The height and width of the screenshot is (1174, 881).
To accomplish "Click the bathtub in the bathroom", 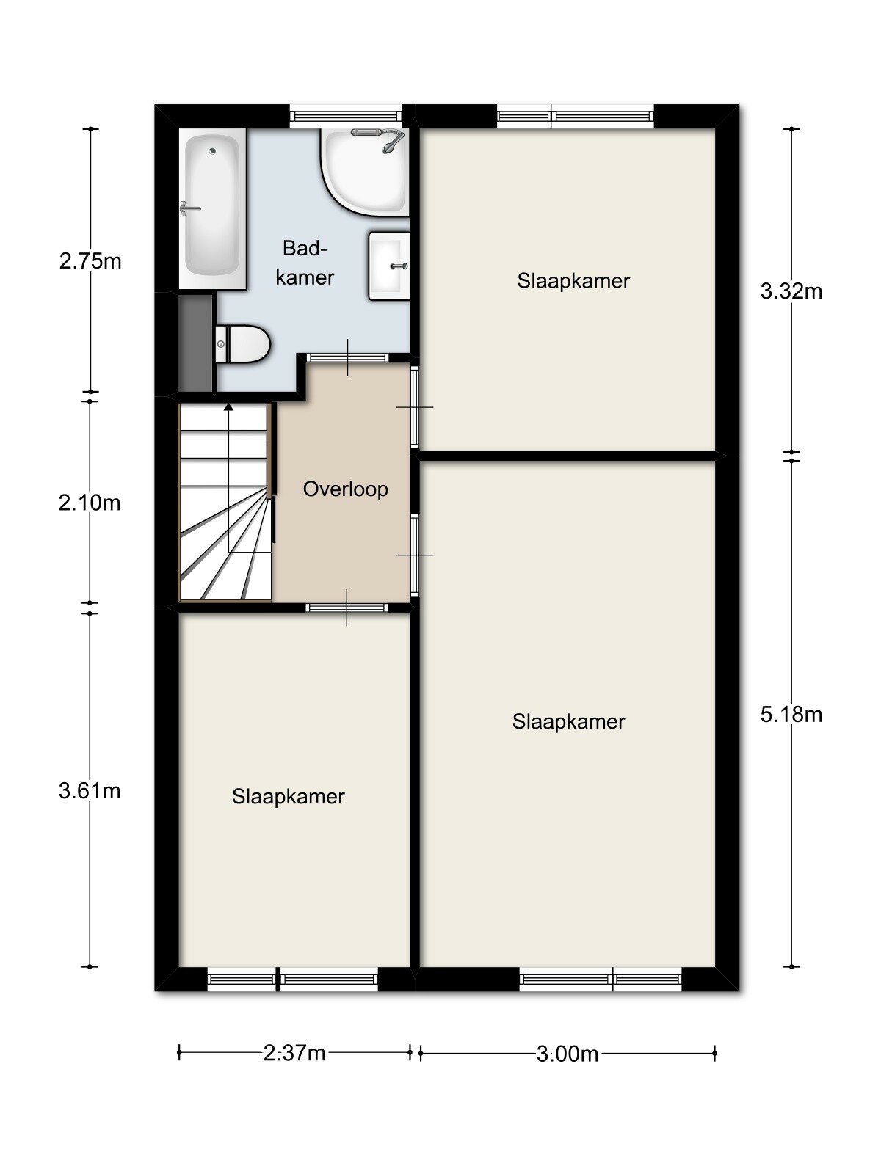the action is [212, 208].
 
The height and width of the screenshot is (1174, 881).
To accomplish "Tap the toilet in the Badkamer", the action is [242, 344].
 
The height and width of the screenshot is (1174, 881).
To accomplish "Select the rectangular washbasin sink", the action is [389, 266].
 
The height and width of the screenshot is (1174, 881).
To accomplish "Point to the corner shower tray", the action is [366, 172].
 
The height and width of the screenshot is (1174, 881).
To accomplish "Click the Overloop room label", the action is [346, 489].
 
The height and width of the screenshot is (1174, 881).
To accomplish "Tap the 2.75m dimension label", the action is [90, 261].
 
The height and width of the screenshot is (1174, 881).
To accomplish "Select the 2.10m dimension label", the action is [90, 503].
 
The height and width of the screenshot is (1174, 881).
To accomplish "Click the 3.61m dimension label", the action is [90, 790].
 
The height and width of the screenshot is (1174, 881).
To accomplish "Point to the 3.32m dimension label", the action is [791, 291].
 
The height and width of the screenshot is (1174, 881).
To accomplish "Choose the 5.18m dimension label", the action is [791, 715].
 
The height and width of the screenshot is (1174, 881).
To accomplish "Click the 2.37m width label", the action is [294, 1053].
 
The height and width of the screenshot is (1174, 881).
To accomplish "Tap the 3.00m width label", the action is [568, 1054].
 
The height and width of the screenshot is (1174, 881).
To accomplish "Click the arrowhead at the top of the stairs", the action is [228, 406].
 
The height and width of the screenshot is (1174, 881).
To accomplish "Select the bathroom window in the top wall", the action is [346, 116].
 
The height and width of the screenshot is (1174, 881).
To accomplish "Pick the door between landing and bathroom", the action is [347, 358].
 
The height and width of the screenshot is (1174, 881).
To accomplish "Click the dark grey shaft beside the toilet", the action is [196, 343].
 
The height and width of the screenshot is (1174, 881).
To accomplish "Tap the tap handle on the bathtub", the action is [189, 208].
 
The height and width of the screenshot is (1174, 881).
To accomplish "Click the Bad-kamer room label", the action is [305, 263].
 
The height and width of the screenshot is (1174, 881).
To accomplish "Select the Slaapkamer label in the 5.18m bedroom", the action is [568, 721].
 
